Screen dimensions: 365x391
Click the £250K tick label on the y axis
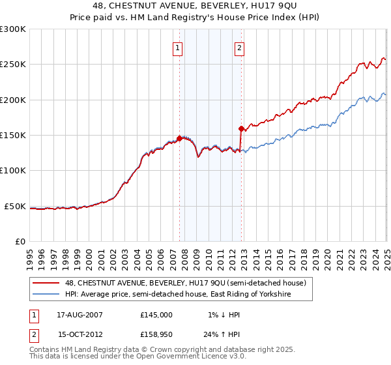tap(12, 65)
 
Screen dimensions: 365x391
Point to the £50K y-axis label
tap(15, 206)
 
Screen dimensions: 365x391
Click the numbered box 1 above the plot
tap(177, 47)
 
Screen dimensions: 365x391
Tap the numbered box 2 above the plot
tap(239, 47)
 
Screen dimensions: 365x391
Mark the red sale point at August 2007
tap(179, 138)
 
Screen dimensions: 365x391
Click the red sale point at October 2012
tap(241, 128)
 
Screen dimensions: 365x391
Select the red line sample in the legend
tap(46, 283)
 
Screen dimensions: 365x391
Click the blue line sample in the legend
tap(46, 295)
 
